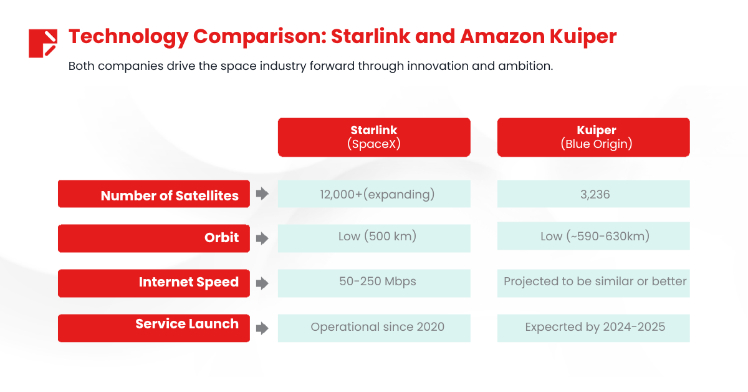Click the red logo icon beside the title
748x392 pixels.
(x=42, y=43)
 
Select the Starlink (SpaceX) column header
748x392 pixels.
(x=374, y=137)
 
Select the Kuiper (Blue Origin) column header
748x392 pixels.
(x=593, y=137)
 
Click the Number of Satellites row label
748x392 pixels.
(x=154, y=194)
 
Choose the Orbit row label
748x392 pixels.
(x=154, y=238)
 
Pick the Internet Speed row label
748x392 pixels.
(x=154, y=282)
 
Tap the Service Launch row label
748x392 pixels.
(x=154, y=326)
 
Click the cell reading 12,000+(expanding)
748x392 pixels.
(x=374, y=194)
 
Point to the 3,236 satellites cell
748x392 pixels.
(x=593, y=194)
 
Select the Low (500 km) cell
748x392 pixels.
(x=374, y=237)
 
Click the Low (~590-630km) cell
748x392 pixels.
(x=593, y=236)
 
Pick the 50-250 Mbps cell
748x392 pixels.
(x=374, y=282)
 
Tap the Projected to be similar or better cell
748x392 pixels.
(x=593, y=282)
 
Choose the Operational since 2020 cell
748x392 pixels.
(x=374, y=327)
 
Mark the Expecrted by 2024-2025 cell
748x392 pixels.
(x=593, y=327)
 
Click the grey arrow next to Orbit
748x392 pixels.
(x=262, y=238)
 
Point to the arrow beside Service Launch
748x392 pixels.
(x=262, y=328)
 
